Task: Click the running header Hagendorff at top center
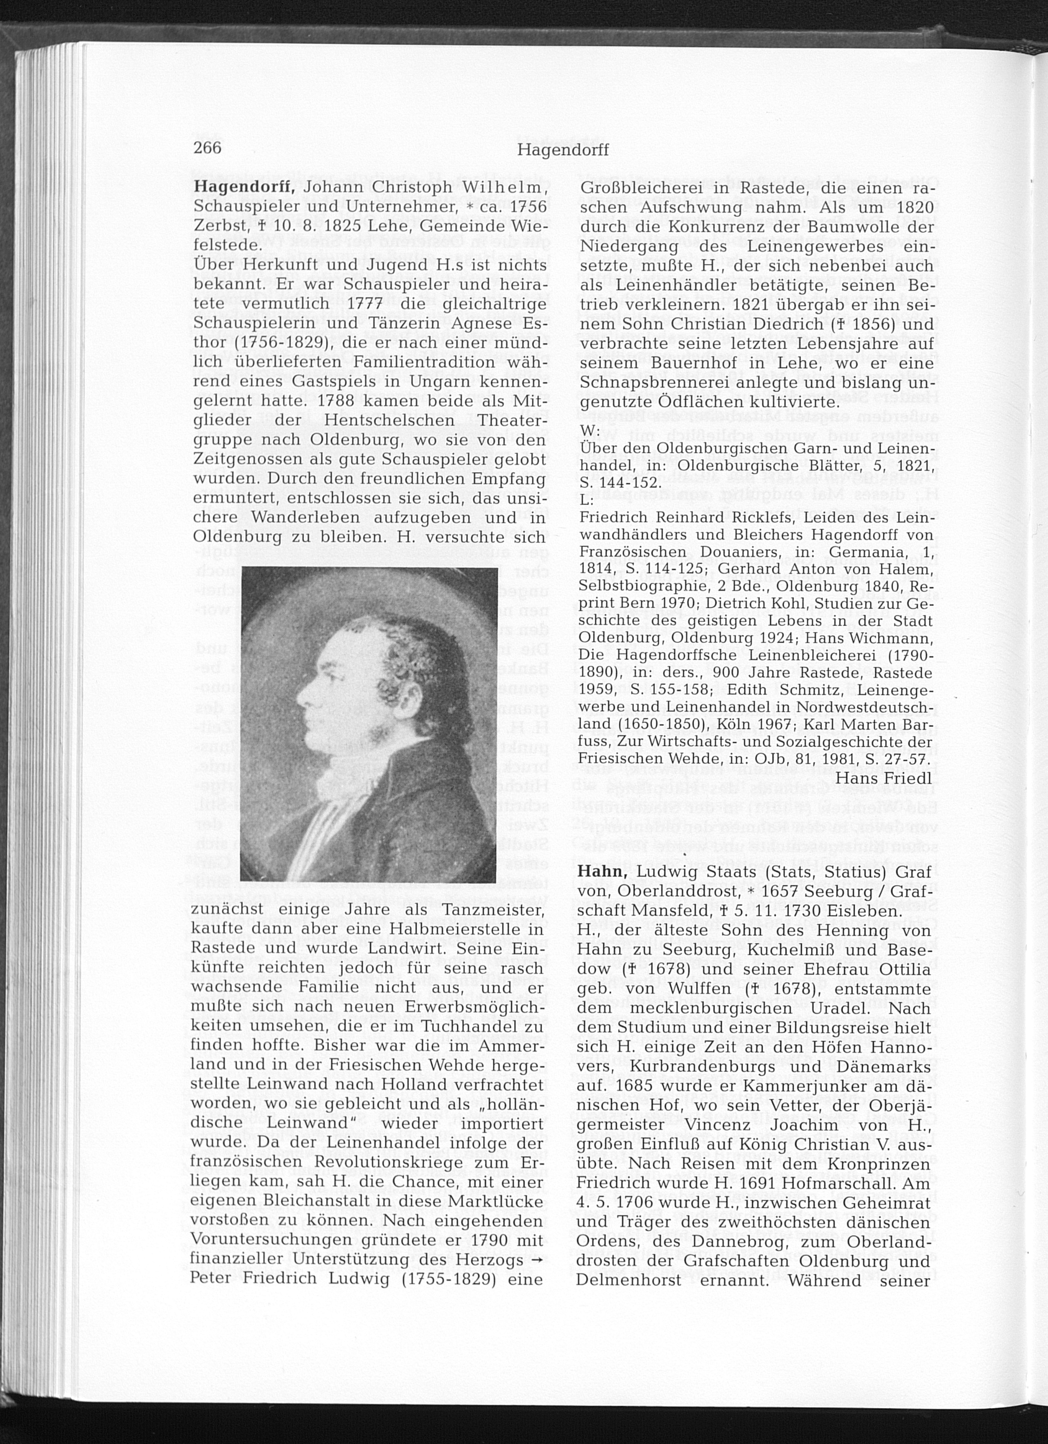coord(563,150)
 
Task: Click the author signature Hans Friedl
coord(884,778)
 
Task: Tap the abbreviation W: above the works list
coord(590,431)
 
